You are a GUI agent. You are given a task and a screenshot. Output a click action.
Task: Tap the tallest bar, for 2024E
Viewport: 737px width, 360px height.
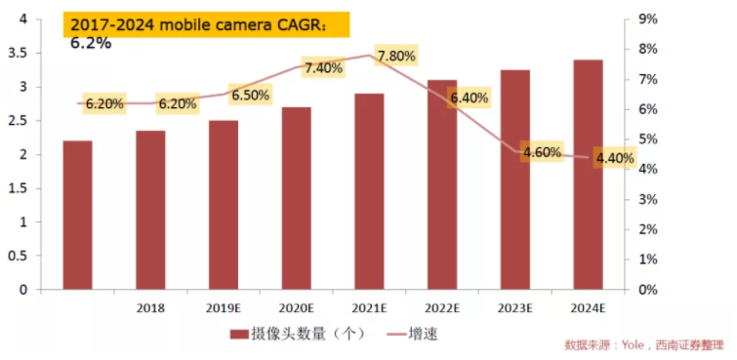pos(588,175)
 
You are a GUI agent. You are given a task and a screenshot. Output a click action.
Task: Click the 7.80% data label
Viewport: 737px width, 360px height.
pos(395,56)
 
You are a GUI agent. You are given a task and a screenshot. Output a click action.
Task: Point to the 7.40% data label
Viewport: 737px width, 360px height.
pos(323,68)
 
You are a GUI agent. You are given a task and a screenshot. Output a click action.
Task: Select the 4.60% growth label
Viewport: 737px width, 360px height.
pos(542,152)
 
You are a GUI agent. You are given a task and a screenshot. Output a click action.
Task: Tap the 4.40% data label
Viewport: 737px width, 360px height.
pos(615,158)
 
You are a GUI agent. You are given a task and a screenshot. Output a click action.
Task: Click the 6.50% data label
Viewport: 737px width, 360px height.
pos(250,96)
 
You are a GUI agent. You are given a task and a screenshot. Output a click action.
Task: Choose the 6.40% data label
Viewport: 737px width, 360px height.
pos(469,98)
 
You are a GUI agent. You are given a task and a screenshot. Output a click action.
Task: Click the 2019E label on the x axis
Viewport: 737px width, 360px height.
pos(224,307)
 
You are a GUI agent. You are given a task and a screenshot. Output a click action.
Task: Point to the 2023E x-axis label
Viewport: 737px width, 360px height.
pos(514,307)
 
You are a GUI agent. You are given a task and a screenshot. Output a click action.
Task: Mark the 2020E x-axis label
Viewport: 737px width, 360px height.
pos(296,307)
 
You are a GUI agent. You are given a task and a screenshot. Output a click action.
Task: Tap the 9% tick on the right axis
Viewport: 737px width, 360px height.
pos(646,19)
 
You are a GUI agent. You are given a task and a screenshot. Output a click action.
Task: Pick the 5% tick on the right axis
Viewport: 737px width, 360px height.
pos(646,140)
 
